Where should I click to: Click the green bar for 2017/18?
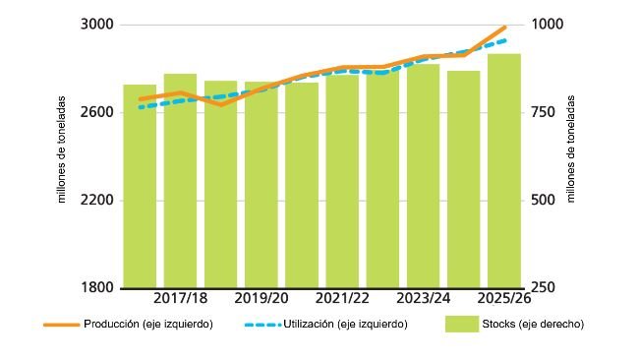(x=180, y=181)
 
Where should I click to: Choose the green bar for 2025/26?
(x=504, y=171)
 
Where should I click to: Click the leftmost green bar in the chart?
(x=140, y=187)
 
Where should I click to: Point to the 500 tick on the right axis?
(x=543, y=201)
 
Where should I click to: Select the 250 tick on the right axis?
(x=543, y=288)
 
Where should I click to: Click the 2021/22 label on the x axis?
(x=343, y=298)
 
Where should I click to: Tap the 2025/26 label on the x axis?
(x=504, y=298)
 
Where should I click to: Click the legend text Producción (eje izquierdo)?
(x=148, y=324)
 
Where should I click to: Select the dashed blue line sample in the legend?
(x=262, y=324)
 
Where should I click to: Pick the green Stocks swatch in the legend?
(x=461, y=324)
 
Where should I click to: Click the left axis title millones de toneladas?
(x=63, y=151)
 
